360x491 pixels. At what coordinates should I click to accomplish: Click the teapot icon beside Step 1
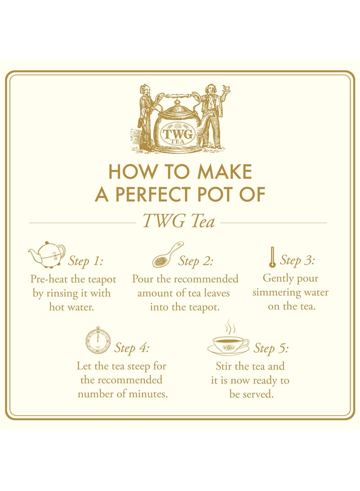click(x=47, y=255)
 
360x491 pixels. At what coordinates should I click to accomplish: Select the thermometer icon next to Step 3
click(x=272, y=257)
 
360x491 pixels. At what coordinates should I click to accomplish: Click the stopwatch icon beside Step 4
click(x=98, y=340)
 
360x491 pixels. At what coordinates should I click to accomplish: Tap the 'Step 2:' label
click(x=196, y=261)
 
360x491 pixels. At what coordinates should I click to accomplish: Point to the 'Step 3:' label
click(x=297, y=260)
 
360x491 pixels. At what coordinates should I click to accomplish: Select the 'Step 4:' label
click(x=131, y=348)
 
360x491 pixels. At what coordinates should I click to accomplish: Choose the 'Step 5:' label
click(x=271, y=348)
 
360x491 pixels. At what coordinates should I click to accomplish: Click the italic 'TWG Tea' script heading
click(x=179, y=221)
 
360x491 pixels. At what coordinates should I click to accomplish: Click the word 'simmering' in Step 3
click(x=274, y=293)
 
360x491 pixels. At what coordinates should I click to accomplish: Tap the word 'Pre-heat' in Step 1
click(x=48, y=279)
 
